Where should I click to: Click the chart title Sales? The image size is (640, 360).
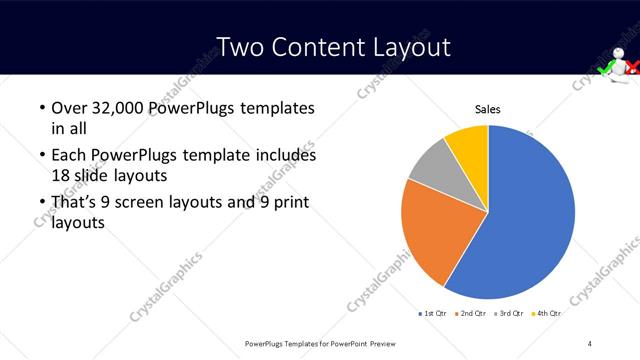(487, 109)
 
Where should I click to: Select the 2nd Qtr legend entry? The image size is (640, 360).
(473, 314)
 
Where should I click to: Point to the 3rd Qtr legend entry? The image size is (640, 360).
(510, 314)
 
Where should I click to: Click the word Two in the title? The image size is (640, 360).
(242, 47)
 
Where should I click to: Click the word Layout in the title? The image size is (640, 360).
(407, 47)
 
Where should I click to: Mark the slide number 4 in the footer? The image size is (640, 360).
(590, 343)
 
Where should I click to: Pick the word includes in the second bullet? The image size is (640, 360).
(284, 155)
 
